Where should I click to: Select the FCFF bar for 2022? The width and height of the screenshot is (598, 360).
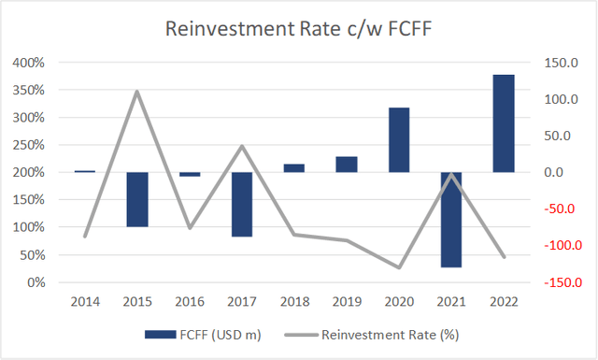(x=504, y=122)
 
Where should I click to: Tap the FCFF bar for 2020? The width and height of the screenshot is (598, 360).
(x=399, y=139)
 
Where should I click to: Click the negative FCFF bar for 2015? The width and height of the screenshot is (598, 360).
(x=137, y=199)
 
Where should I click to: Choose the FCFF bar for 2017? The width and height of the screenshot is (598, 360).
(x=242, y=204)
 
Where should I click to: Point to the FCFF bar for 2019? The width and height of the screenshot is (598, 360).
(x=347, y=164)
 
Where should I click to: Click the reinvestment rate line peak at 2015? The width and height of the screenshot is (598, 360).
(x=137, y=92)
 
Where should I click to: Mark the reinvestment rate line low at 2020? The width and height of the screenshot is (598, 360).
(x=399, y=267)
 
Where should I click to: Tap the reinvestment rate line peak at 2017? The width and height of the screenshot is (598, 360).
(x=242, y=146)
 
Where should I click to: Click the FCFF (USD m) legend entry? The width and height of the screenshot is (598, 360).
(x=198, y=334)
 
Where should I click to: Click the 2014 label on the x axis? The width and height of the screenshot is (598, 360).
(x=85, y=301)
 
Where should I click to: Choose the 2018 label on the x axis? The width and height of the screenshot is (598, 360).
(x=294, y=301)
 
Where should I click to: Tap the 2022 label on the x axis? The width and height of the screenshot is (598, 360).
(x=504, y=301)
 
